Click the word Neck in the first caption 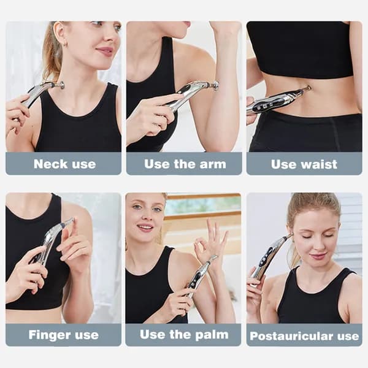pos(51,164)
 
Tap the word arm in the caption pos(213,164)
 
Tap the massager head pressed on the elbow pos(215,85)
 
